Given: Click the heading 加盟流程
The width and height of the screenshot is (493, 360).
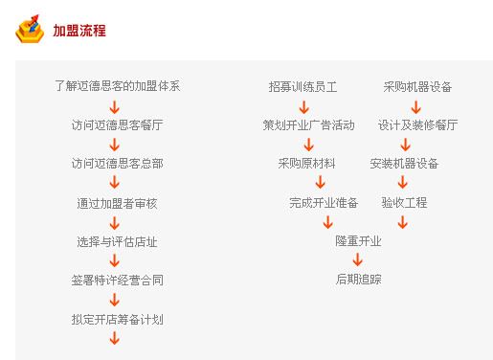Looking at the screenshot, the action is [x=79, y=31].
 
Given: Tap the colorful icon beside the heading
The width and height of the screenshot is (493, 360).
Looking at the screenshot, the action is [x=30, y=30].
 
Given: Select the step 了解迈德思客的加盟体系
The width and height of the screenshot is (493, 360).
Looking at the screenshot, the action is [x=117, y=86].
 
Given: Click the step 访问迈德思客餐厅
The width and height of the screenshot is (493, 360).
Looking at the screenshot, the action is [x=117, y=124].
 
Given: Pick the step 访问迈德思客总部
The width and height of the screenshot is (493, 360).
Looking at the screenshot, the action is [x=117, y=164].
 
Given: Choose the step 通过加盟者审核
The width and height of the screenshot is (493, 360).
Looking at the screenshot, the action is [x=117, y=203].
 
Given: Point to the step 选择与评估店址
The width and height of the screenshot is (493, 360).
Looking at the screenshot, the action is [x=117, y=241].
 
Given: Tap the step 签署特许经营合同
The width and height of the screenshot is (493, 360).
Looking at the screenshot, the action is [x=117, y=281].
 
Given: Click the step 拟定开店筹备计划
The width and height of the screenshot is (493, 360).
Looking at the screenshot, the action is [x=117, y=319].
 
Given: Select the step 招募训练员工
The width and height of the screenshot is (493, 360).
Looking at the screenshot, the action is [x=303, y=86].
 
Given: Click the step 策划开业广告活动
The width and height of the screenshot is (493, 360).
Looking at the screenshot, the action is [x=308, y=124].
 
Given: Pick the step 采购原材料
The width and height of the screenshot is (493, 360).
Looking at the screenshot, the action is [x=306, y=164].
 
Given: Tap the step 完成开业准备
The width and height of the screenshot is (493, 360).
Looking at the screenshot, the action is [x=324, y=203].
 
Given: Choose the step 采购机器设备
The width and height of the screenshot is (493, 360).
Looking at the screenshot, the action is [x=417, y=86].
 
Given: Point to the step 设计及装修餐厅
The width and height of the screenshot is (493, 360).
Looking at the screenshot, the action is [x=417, y=124].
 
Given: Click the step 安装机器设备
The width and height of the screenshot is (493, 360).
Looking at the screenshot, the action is [x=404, y=164].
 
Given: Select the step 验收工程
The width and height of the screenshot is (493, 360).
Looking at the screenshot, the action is [x=404, y=203].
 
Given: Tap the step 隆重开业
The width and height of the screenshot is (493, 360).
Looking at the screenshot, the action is [x=358, y=241].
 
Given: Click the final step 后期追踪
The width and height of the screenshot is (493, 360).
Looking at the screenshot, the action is [x=358, y=281].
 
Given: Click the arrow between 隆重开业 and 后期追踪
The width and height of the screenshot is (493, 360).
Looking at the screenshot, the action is [x=358, y=260].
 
